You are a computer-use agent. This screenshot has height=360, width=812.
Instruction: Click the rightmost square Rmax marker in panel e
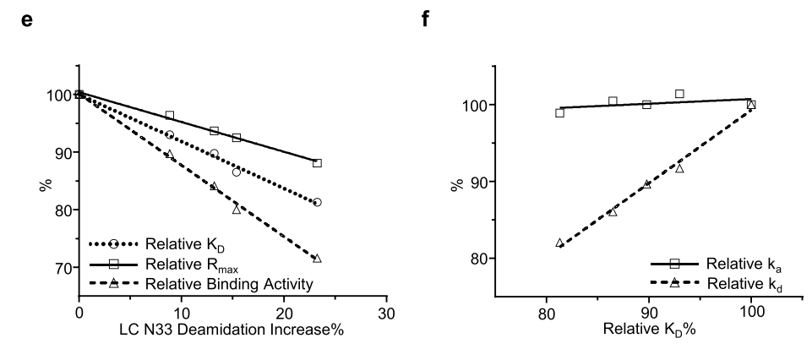pos(317,163)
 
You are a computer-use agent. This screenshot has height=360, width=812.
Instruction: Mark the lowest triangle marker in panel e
pos(317,259)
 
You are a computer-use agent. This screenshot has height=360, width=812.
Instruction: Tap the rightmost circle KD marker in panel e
pos(317,203)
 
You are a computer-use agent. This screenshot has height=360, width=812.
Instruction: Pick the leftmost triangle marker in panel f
pos(559,243)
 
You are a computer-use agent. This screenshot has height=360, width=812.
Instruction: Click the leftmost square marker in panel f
pos(559,112)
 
